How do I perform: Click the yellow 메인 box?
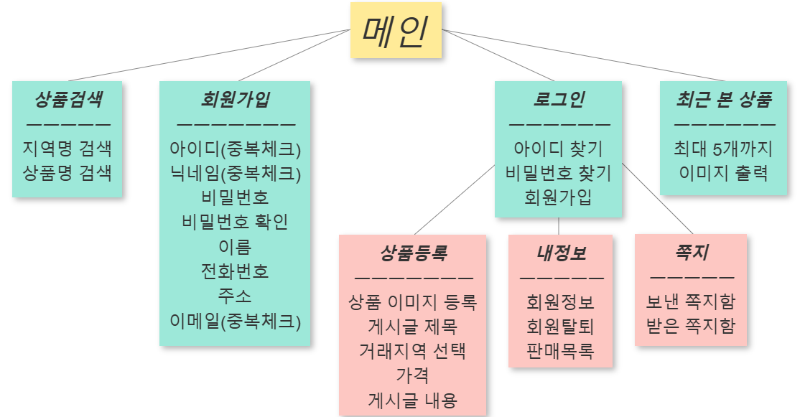[x=396, y=30]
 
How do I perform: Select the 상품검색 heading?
[x=68, y=100]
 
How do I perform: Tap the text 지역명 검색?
[x=68, y=149]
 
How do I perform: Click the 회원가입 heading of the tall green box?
[x=235, y=100]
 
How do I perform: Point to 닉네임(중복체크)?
[x=235, y=173]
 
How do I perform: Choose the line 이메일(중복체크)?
[x=235, y=321]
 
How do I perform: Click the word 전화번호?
[x=235, y=271]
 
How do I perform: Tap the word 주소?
[x=235, y=296]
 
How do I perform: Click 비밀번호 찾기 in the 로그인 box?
[x=559, y=173]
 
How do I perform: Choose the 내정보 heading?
[x=561, y=253]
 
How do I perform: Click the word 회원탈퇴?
[x=561, y=327]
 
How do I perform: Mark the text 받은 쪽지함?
[x=691, y=327]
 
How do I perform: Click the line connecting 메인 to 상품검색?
[x=208, y=55]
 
